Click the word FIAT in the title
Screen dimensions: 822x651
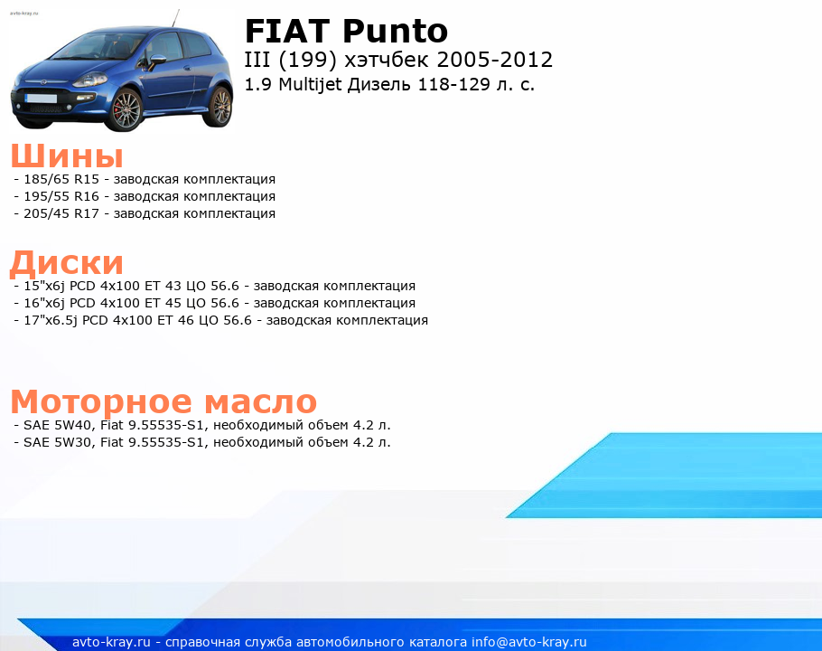(287, 31)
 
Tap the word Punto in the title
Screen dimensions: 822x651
(396, 31)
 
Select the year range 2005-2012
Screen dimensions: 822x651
(494, 60)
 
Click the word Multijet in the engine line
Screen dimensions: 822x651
(310, 84)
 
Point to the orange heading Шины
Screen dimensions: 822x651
(67, 156)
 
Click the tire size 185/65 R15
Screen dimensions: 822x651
(61, 179)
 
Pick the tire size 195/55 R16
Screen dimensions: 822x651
(61, 197)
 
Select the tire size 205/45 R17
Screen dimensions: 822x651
(61, 214)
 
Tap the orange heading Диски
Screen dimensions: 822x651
(67, 263)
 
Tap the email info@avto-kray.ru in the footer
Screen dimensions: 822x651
(529, 643)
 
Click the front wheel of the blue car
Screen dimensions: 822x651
(126, 110)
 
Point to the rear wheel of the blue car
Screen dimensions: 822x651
(220, 107)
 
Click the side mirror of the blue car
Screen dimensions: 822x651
(157, 59)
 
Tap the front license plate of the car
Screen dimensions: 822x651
(41, 98)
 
